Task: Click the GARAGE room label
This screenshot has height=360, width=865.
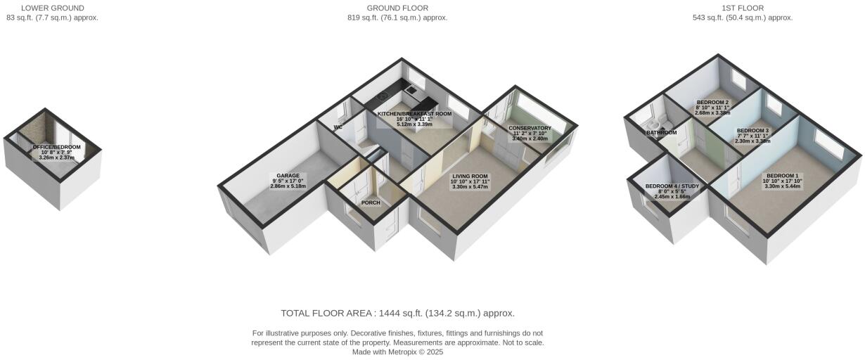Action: pos(288,176)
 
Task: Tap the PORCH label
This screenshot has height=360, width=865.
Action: pos(371,202)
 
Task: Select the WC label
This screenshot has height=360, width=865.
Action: pos(338,128)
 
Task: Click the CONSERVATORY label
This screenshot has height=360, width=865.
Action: pos(530,128)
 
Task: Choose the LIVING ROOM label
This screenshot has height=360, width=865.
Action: pos(470,175)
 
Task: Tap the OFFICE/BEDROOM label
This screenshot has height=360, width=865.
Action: pos(57,147)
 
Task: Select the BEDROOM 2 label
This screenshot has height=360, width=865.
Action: pos(712,102)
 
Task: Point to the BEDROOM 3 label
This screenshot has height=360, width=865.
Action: pos(752,130)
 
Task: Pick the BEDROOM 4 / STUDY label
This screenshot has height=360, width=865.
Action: pos(672,186)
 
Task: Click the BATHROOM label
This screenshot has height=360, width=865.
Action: pos(661,132)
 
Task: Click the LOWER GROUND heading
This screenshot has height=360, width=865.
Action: pos(53,8)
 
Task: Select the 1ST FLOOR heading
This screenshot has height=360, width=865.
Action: pos(743,8)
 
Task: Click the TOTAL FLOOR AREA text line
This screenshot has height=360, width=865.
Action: pos(398,314)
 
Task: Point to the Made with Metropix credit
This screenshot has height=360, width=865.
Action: pos(397,352)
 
